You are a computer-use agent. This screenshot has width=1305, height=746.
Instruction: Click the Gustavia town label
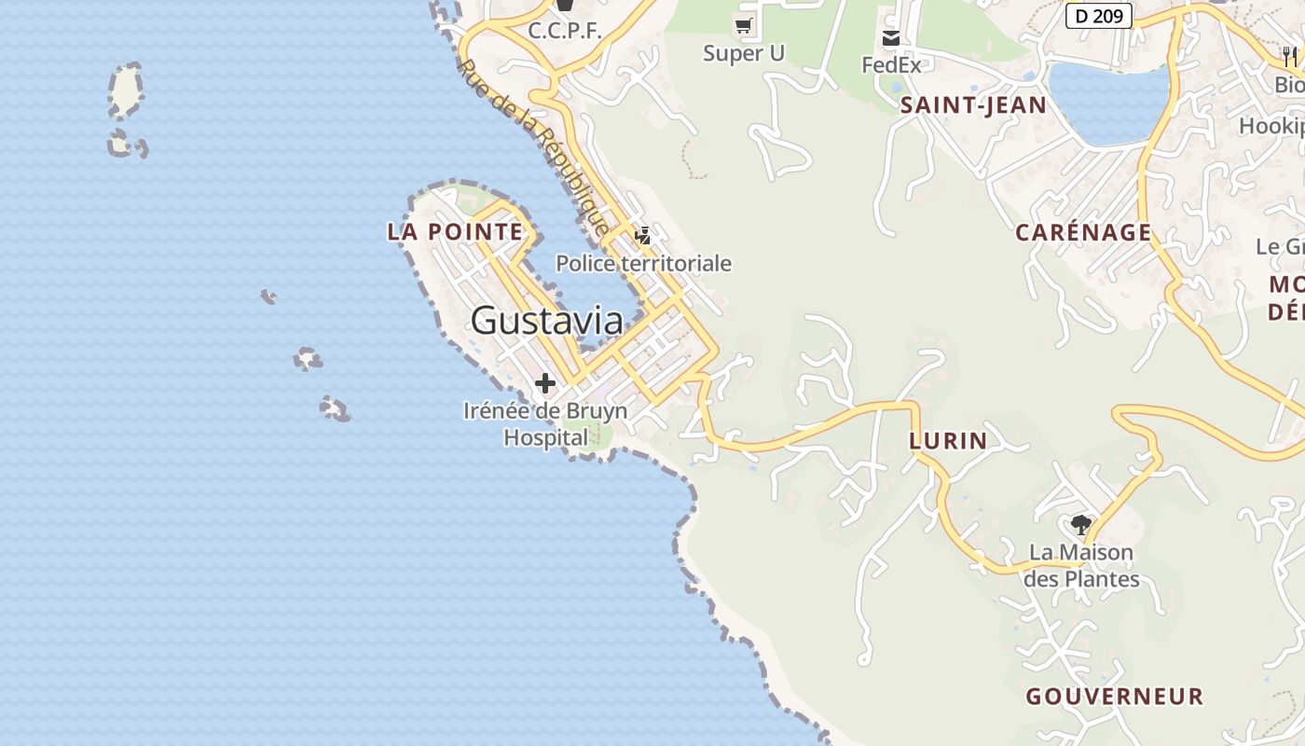point(546,321)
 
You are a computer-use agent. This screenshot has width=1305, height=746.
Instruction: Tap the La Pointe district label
point(455,231)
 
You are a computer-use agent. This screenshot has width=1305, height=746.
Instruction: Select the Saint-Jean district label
point(973,105)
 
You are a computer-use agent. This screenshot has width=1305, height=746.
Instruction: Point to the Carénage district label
point(1083,232)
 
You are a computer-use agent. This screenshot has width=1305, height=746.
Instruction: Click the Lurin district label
point(947,440)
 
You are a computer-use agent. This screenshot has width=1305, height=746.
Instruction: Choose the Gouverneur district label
point(1115,696)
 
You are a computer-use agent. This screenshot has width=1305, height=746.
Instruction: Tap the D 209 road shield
point(1098,15)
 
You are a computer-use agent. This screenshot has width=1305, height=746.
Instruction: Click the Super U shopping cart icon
point(744,25)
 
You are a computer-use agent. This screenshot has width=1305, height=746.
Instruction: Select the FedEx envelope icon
point(891,38)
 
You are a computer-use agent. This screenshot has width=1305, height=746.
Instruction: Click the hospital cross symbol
point(545,382)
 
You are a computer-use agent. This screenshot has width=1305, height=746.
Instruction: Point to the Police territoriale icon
point(643,235)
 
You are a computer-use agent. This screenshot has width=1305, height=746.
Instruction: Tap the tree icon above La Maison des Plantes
point(1081,524)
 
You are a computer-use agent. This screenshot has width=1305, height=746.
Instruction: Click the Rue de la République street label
point(534,147)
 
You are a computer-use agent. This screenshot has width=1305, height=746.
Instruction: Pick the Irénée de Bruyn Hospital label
point(545,423)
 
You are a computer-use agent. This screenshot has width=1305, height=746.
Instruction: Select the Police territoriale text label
point(644,264)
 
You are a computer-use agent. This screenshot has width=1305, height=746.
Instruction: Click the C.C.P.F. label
point(565,31)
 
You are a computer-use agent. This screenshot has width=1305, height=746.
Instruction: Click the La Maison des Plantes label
point(1081,565)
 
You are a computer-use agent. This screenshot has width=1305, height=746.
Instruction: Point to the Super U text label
point(744,53)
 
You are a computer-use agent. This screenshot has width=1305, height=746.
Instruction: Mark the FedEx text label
point(891,65)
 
